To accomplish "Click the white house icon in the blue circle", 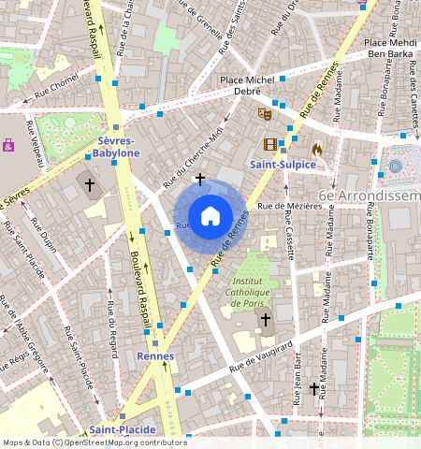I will click(x=210, y=216).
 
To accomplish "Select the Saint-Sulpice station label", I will click(x=281, y=165).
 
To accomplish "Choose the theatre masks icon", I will click(x=265, y=113).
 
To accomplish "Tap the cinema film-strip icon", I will click(x=269, y=144).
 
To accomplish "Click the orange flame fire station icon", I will click(x=317, y=148).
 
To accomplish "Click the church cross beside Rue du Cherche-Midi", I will click(x=199, y=178).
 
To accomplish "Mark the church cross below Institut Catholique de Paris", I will click(x=265, y=320).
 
